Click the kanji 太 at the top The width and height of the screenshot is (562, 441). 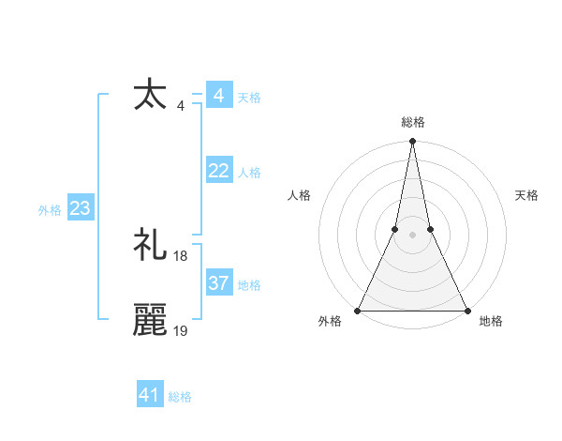[150, 96]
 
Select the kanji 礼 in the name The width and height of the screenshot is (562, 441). [150, 246]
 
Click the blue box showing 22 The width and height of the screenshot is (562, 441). [218, 171]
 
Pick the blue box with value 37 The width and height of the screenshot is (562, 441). [218, 283]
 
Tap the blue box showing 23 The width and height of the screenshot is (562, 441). [80, 208]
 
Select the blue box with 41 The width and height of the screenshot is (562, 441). [150, 395]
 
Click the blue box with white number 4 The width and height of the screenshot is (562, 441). [218, 96]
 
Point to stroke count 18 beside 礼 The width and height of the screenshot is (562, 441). [181, 255]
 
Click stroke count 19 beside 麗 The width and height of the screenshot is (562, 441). [181, 330]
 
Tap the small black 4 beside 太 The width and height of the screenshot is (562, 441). [180, 105]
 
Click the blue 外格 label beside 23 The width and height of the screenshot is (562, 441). [50, 210]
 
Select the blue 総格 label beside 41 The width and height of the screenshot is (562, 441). [180, 397]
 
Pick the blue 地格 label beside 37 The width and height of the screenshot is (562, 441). [249, 285]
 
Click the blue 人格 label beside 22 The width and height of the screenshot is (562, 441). [249, 173]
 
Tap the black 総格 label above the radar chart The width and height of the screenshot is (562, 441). [412, 122]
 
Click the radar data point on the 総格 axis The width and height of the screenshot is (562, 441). [412, 143]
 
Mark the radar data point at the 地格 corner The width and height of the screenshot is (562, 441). [466, 310]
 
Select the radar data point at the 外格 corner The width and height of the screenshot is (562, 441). [358, 310]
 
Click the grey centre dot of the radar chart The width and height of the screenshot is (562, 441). [412, 236]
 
